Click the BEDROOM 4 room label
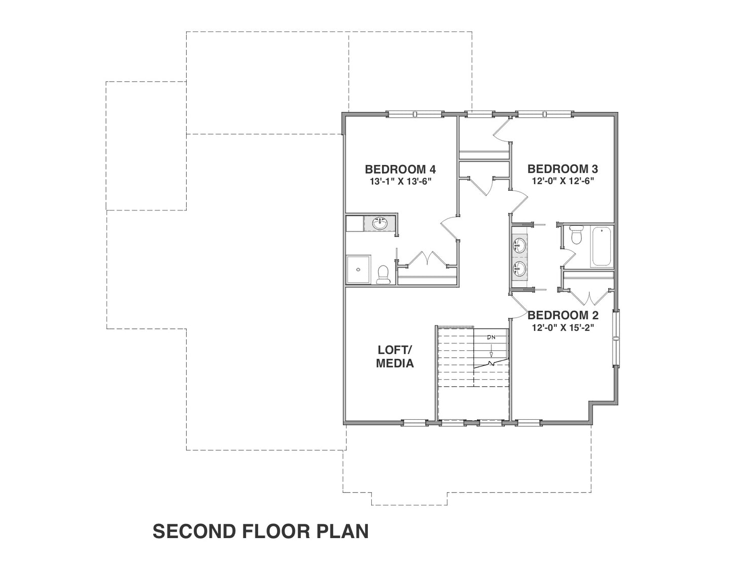400,169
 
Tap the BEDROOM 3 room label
563,169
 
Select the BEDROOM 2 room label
563,315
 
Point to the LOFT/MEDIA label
395,356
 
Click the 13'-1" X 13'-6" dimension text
401,182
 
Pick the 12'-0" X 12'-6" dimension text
563,181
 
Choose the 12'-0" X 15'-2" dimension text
563,327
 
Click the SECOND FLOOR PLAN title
260,531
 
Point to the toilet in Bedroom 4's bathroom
383,275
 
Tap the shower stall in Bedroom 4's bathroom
359,270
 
